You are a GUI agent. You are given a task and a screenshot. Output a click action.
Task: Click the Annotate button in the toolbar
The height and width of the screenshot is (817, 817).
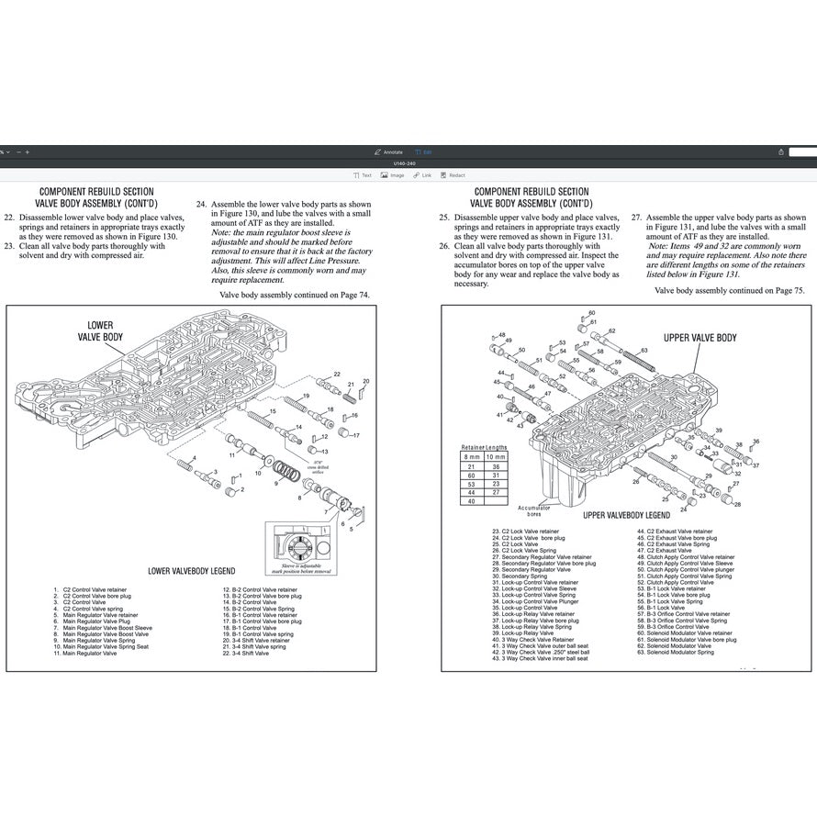(x=389, y=151)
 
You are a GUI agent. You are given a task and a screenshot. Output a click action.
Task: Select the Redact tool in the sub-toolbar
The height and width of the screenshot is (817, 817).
(x=453, y=175)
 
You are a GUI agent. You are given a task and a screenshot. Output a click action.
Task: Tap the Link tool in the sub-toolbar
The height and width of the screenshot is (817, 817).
(x=422, y=175)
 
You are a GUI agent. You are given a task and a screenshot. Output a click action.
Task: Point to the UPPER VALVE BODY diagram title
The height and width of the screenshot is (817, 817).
(x=699, y=338)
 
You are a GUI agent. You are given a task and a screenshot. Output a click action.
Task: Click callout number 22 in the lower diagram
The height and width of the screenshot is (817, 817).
(x=337, y=375)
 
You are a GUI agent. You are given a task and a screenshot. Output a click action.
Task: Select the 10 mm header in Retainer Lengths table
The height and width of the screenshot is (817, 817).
(x=496, y=456)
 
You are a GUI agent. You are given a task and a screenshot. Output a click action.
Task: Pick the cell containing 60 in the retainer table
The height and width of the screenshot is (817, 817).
(x=470, y=475)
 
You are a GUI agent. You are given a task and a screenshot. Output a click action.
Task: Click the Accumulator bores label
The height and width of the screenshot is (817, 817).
(x=533, y=510)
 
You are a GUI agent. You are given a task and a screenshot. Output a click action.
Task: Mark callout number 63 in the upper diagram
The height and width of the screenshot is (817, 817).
(x=644, y=351)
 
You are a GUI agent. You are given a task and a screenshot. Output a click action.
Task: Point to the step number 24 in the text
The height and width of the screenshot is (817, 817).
(x=201, y=204)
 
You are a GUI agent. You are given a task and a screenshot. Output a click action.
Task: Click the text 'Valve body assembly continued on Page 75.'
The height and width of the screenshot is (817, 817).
(x=729, y=290)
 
